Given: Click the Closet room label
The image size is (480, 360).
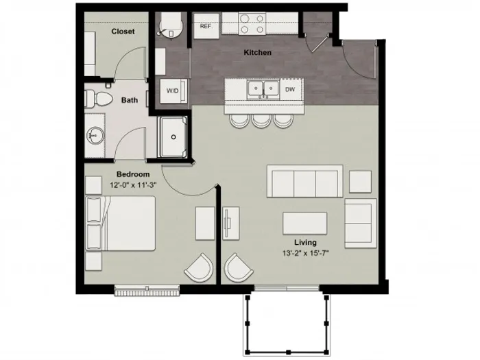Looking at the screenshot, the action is pyautogui.click(x=123, y=32).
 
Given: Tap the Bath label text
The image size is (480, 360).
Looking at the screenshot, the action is pyautogui.click(x=130, y=100).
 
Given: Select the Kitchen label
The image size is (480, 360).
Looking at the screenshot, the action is pyautogui.click(x=257, y=52).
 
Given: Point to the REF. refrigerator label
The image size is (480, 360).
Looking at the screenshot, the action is pyautogui.click(x=206, y=26).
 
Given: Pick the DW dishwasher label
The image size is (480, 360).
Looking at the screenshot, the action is pyautogui.click(x=290, y=89).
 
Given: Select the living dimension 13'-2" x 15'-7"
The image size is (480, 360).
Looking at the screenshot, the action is pyautogui.click(x=306, y=253).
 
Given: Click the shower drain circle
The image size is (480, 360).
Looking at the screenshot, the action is pyautogui.click(x=173, y=137).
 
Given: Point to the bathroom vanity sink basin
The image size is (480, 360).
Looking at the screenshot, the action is pyautogui.click(x=95, y=135).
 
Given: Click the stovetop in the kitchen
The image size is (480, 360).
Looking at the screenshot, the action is pyautogui.click(x=252, y=24).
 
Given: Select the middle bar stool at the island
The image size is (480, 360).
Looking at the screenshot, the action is pyautogui.click(x=261, y=121).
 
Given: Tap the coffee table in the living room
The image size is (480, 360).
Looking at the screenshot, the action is pyautogui.click(x=305, y=223).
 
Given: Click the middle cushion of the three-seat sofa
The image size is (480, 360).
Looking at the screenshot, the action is pyautogui.click(x=305, y=184).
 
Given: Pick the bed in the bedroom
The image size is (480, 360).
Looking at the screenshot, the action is pyautogui.click(x=121, y=224).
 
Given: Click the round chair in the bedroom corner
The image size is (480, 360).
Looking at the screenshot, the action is pyautogui.click(x=199, y=267).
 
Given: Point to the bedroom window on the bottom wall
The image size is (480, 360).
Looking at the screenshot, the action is pyautogui.click(x=147, y=290).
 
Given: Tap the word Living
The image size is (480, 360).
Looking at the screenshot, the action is pyautogui.click(x=306, y=243).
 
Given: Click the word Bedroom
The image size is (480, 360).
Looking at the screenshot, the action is pyautogui.click(x=133, y=174).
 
